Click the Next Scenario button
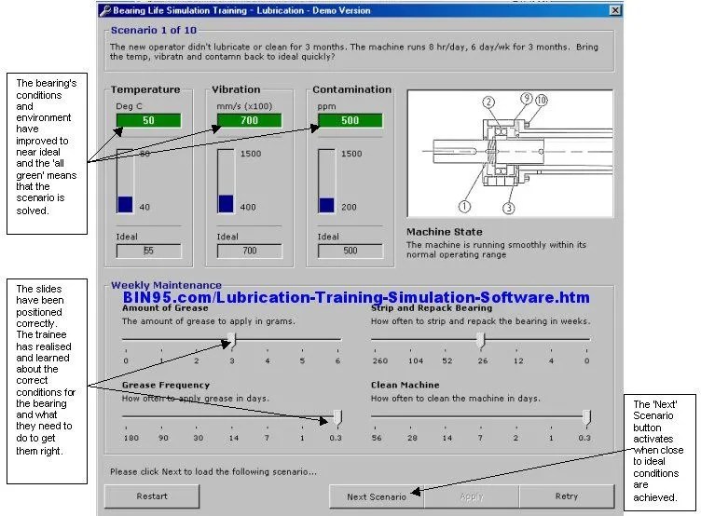coord(376,496)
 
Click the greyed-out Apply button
coord(471,496)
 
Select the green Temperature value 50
coord(148,120)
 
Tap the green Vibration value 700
coord(249,120)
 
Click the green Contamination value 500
coord(349,120)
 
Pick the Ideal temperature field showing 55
coord(148,251)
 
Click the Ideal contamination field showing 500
coord(349,251)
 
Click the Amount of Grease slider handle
coord(232,340)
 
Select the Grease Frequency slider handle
coord(337,417)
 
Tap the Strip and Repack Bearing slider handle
coord(481,340)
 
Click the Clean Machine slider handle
coord(585,417)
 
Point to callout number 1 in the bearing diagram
coord(463,206)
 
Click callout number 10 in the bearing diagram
coord(542,100)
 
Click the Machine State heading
coord(444,232)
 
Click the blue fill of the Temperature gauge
coord(126,204)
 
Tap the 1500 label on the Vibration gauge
coord(250,154)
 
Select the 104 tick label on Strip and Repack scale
coord(414,360)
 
